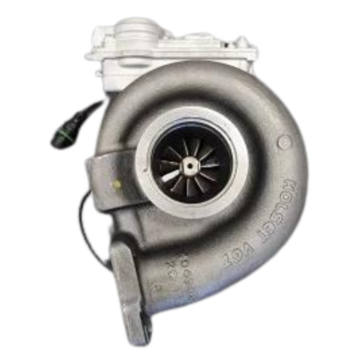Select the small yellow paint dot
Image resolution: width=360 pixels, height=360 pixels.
(117, 183)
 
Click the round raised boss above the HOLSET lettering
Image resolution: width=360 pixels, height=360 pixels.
(285, 142)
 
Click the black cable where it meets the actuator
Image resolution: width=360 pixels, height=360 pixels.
(101, 103)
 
